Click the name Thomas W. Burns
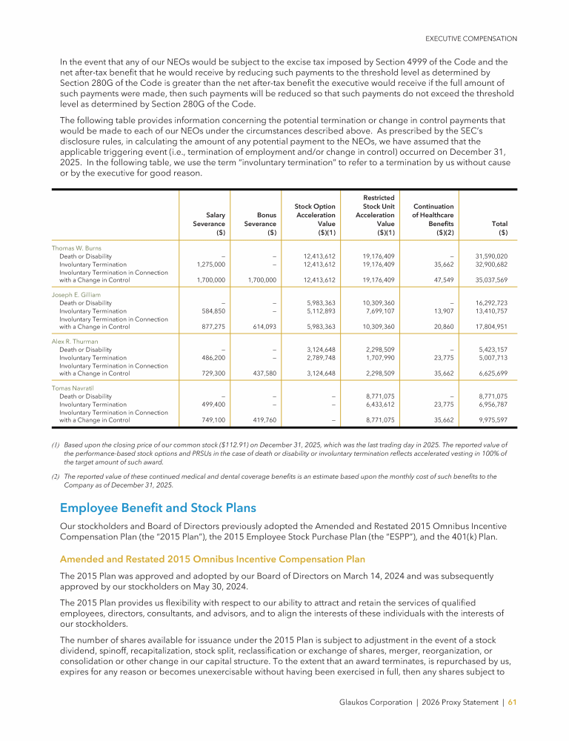pyautogui.click(x=76, y=247)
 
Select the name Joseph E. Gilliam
pyautogui.click(x=76, y=294)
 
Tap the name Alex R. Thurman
pyautogui.click(x=75, y=342)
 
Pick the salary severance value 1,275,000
pyautogui.click(x=210, y=264)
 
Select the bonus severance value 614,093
pyautogui.click(x=261, y=326)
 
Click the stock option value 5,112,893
pyautogui.click(x=319, y=310)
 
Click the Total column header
pyautogui.click(x=498, y=222)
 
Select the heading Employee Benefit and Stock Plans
pyautogui.click(x=158, y=508)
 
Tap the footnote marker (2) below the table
pyautogui.click(x=56, y=476)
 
